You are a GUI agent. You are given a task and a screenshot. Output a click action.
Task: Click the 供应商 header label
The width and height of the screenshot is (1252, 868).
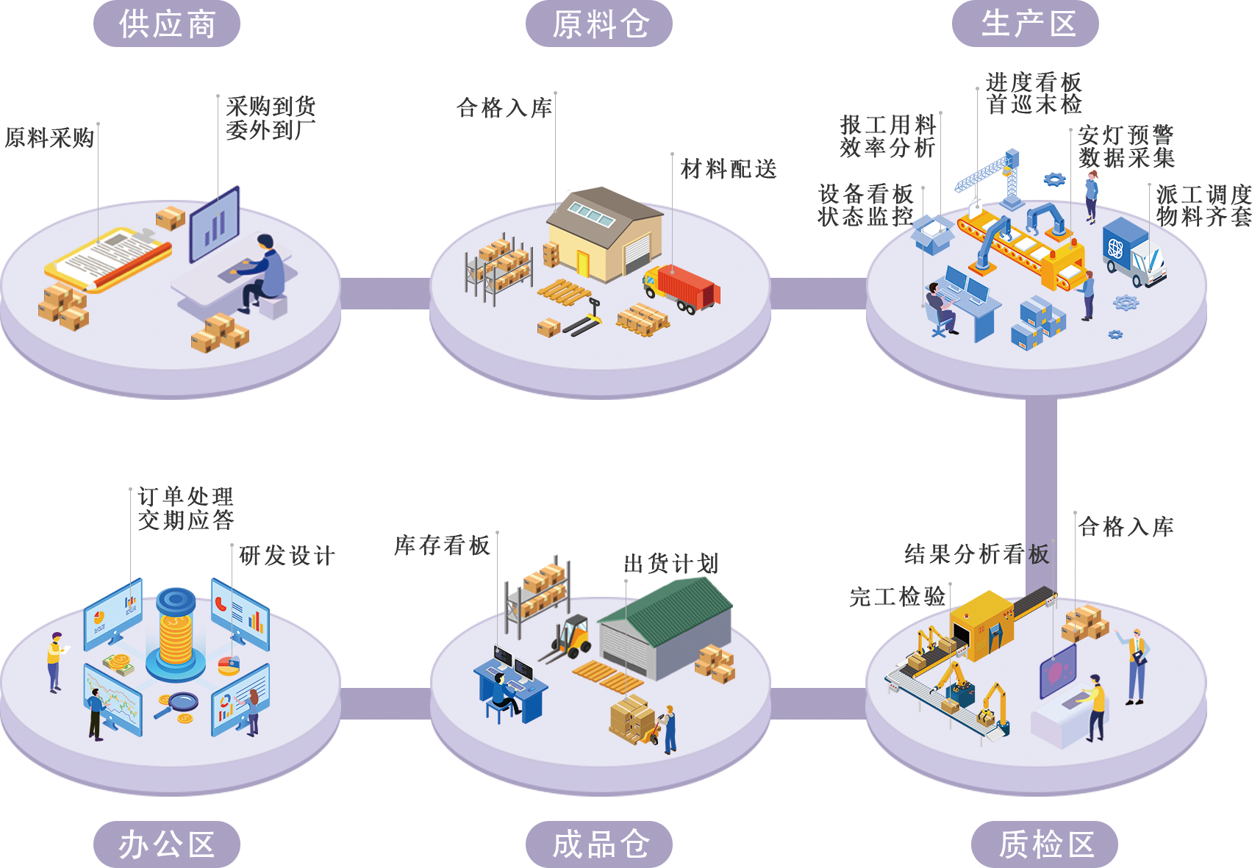167,24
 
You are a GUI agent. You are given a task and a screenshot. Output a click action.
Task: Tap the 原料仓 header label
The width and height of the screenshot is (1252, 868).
599,24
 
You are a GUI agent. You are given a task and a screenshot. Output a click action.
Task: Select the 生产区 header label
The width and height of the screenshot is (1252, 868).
1026,24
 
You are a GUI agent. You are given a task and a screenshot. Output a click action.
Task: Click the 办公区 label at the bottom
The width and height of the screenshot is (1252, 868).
167,844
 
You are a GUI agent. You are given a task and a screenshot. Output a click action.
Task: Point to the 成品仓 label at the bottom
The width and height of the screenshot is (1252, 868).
599,844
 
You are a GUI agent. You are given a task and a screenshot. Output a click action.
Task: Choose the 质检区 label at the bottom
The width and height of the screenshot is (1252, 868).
1045,844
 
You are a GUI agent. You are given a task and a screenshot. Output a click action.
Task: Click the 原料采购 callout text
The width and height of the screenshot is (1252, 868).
49,137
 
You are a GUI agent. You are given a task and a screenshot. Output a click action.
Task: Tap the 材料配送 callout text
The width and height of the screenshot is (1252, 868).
728,169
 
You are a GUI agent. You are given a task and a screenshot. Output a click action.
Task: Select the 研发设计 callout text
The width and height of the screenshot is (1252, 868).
287,556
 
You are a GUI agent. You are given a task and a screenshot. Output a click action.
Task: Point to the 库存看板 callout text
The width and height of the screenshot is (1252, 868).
442,545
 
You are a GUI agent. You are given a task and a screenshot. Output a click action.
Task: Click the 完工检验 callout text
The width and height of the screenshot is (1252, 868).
898,596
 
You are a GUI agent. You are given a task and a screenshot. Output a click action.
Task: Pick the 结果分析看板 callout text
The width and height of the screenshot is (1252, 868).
976,554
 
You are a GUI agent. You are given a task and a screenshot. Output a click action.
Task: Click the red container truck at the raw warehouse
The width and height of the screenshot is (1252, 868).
684,288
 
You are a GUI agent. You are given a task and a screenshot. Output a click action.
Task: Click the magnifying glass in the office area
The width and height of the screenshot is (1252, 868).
179,703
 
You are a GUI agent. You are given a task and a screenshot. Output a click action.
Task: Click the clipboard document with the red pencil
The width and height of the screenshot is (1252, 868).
110,258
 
